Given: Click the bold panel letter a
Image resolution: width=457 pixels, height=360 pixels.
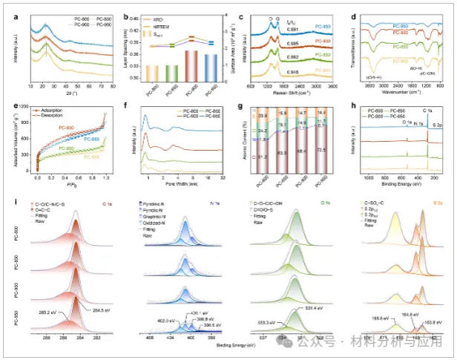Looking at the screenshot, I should click(7, 7).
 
